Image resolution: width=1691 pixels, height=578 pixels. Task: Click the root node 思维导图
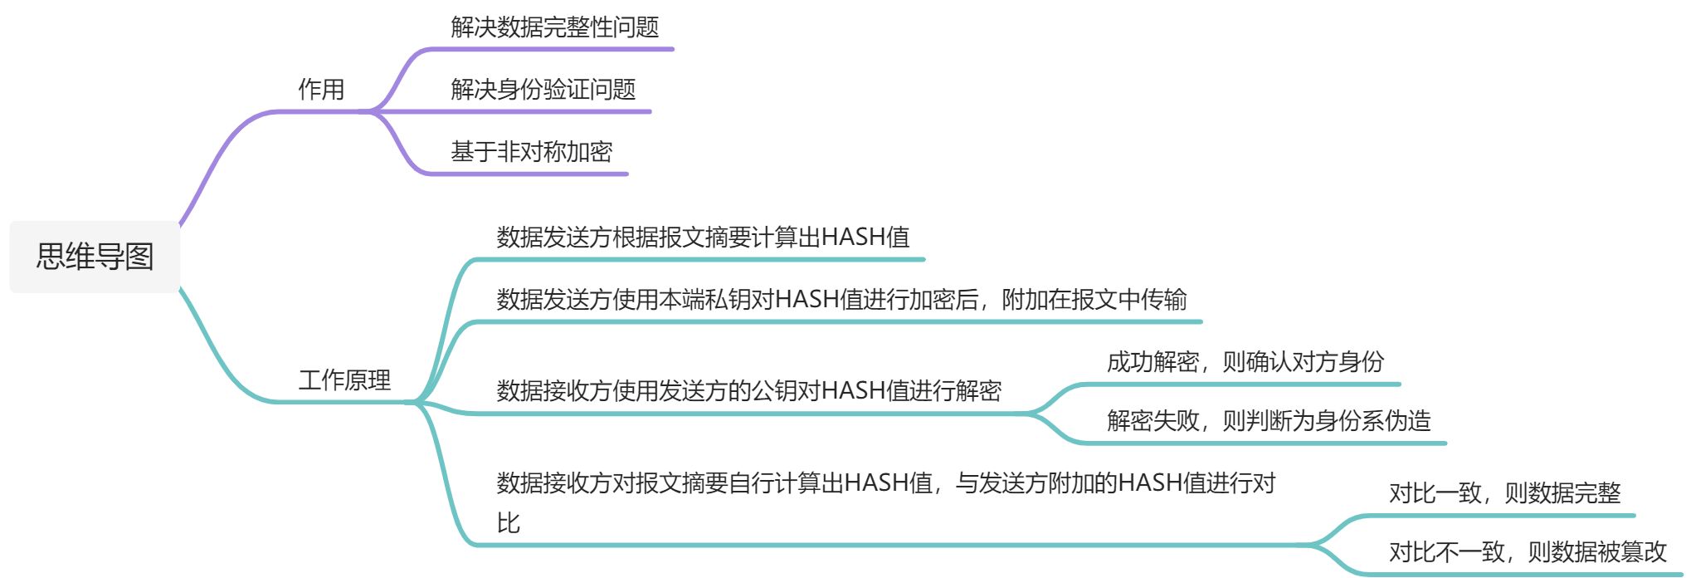point(95,257)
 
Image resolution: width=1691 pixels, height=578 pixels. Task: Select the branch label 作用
point(321,90)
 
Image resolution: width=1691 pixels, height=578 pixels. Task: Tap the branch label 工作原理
point(344,380)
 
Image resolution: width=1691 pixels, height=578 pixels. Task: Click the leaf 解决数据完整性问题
point(554,27)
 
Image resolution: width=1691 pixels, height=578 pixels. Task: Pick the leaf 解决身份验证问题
point(543,90)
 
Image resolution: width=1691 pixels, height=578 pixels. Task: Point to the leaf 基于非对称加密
point(531,152)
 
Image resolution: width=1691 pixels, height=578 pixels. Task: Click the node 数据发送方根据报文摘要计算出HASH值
point(703,238)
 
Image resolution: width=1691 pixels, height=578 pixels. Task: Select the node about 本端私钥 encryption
point(841,300)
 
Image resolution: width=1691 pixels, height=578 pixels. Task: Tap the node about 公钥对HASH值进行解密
point(748,391)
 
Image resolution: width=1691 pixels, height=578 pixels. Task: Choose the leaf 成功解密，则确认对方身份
point(1245,362)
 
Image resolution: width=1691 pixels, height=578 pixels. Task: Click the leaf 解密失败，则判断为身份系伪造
point(1268,421)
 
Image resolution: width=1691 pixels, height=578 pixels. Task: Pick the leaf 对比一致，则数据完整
point(1504,493)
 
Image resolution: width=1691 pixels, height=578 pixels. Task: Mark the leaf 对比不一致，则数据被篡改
point(1528,552)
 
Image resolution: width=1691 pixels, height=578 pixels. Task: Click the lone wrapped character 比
point(508,523)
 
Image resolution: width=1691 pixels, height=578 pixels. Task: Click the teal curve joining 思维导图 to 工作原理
point(217,357)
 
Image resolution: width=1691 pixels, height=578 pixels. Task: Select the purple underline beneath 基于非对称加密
point(531,174)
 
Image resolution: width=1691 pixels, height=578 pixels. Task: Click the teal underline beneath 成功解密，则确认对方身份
point(1245,385)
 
